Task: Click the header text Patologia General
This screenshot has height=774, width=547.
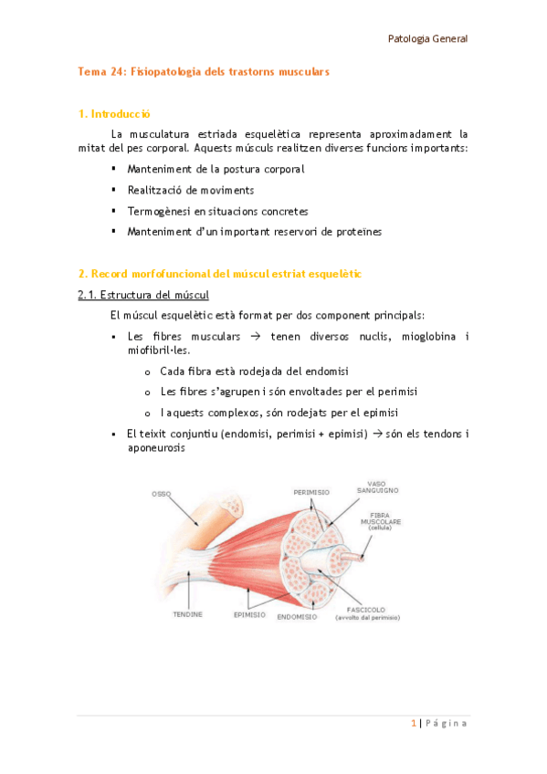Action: [427, 38]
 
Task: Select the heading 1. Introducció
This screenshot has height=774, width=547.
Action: [114, 114]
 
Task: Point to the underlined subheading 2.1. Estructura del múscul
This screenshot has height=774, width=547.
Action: [143, 295]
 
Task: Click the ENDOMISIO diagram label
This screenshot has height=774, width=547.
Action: [298, 617]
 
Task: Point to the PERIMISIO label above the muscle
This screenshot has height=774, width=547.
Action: [311, 492]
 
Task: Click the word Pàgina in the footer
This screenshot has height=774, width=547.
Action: [447, 723]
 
